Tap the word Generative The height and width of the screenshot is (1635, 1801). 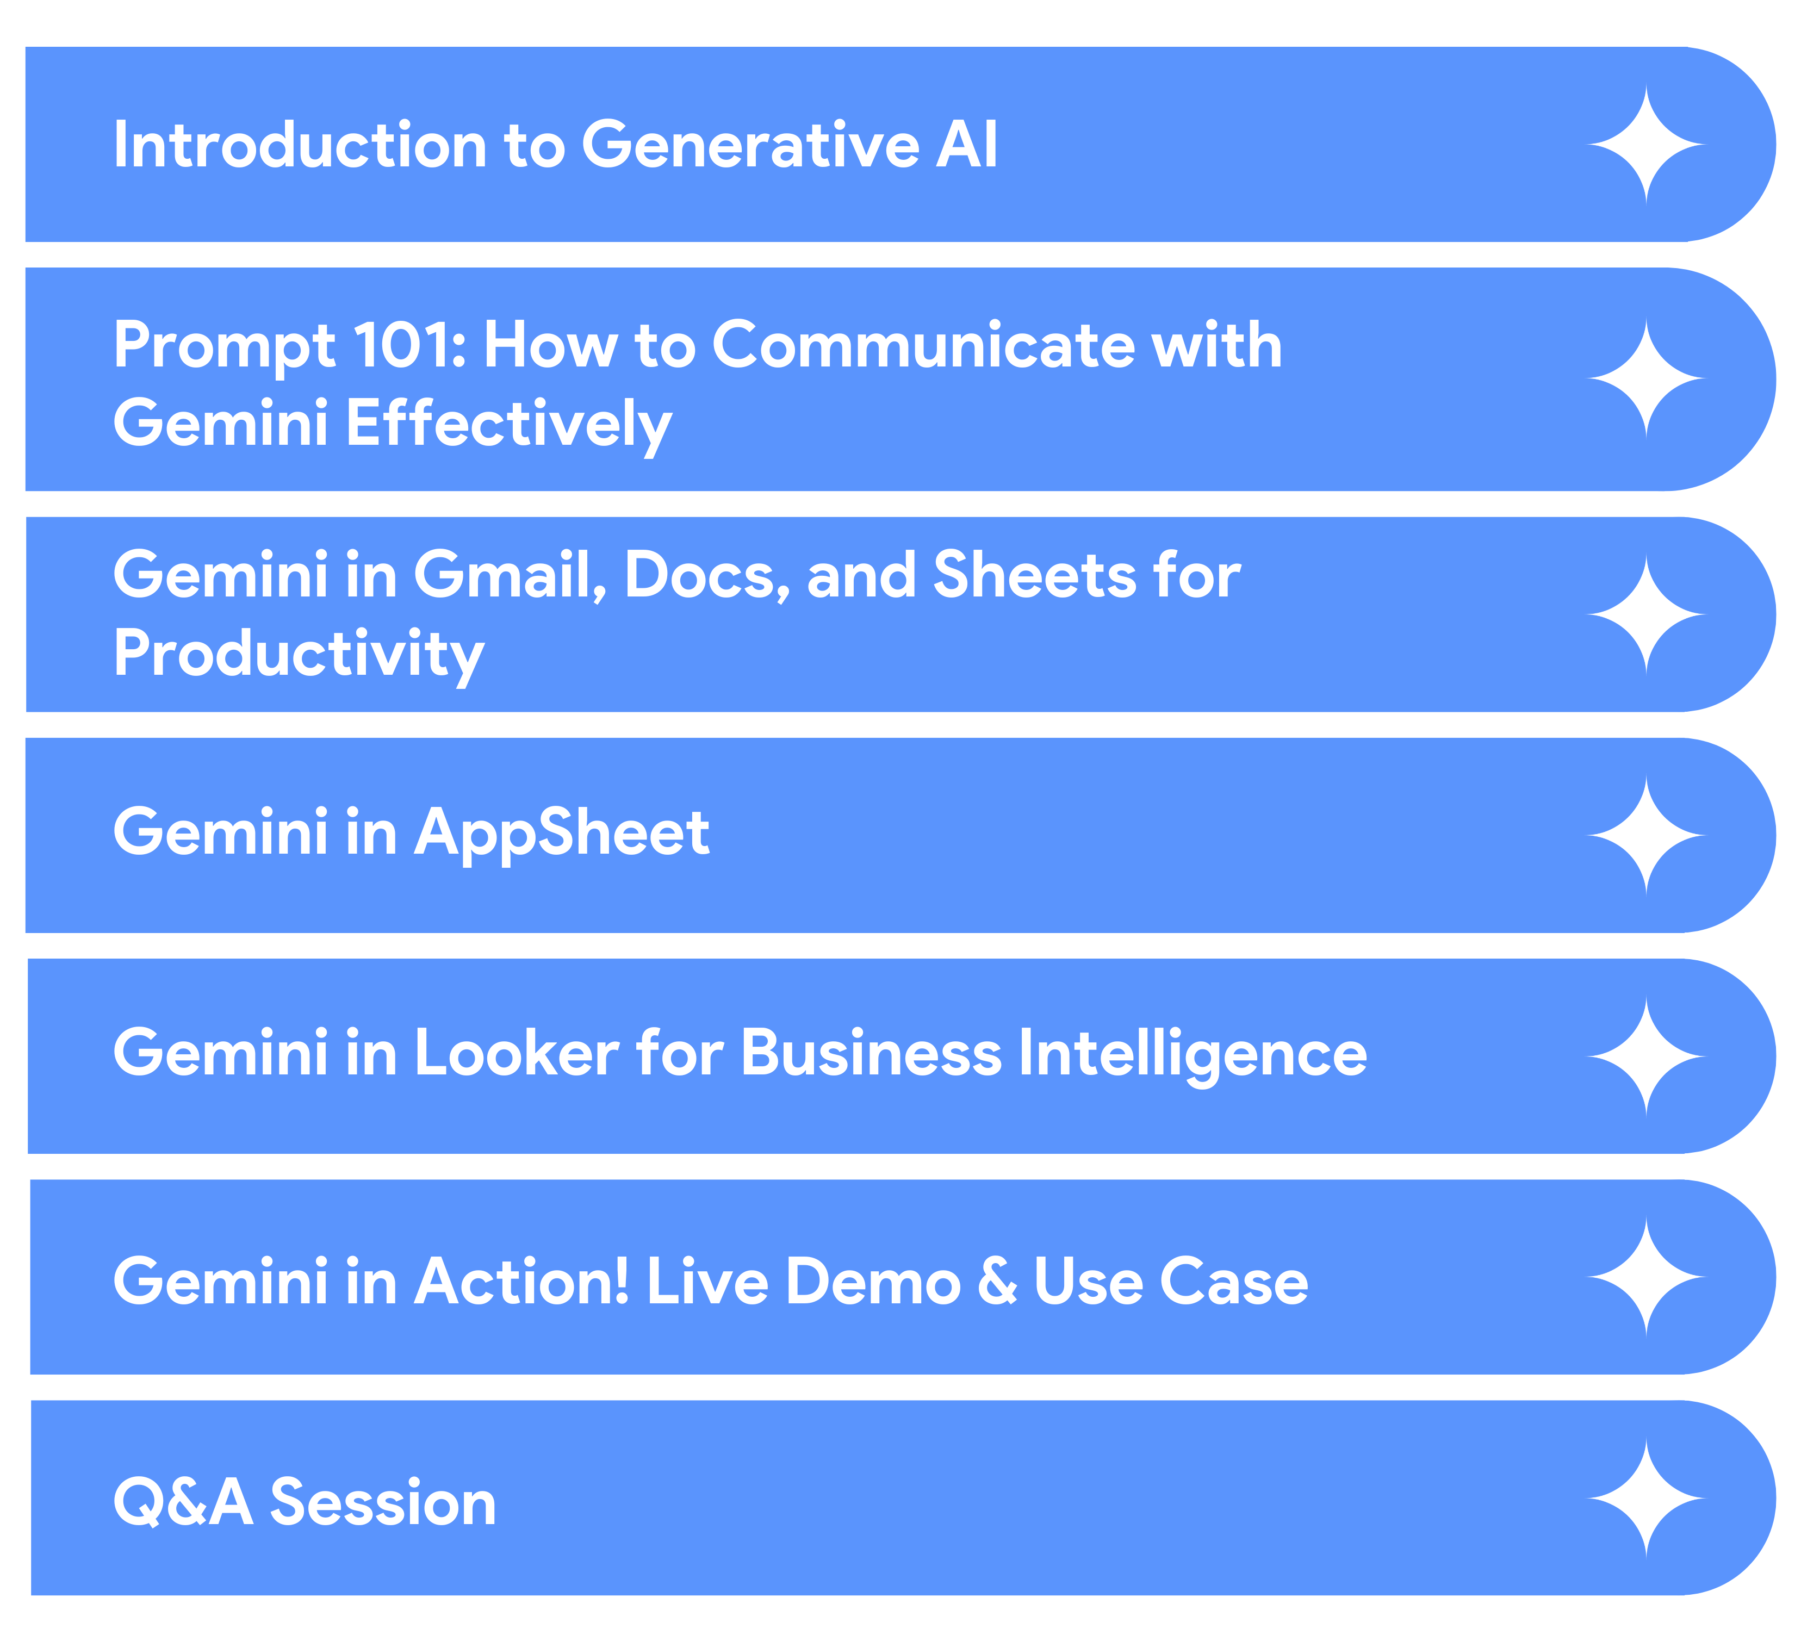click(x=750, y=144)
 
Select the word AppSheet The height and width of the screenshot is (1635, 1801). click(x=562, y=832)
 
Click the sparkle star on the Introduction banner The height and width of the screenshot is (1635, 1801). click(x=1647, y=144)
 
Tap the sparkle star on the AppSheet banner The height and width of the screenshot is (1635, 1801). click(x=1647, y=835)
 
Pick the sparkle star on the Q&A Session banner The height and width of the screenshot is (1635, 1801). click(x=1647, y=1499)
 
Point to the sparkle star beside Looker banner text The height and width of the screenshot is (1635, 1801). click(x=1647, y=1056)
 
